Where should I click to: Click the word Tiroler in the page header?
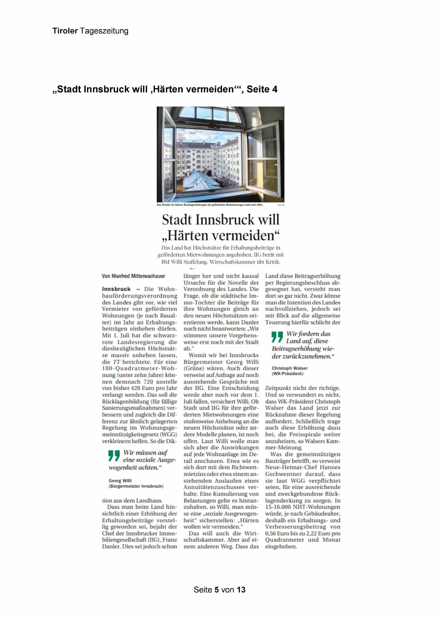65,31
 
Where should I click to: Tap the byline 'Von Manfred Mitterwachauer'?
133,276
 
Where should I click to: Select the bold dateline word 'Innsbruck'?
116,289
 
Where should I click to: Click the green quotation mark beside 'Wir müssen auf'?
114,456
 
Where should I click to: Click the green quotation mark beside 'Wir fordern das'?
277,337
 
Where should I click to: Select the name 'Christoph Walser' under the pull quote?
289,368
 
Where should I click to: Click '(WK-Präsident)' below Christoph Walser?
287,374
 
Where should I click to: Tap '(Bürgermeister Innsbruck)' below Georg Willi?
136,486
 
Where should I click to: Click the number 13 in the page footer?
241,590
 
